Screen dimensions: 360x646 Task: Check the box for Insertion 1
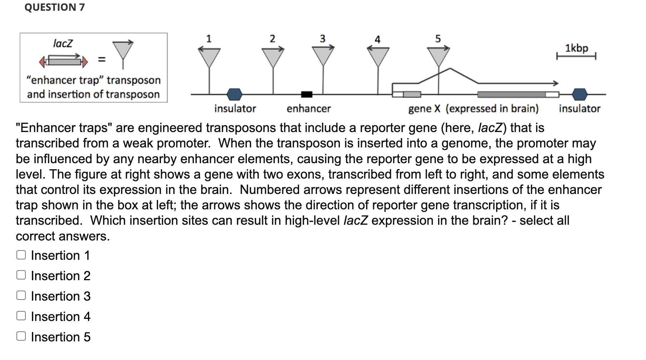21,255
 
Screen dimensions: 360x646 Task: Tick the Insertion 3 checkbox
21,296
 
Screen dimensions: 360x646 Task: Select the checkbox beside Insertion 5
21,336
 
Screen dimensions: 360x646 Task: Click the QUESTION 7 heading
54,7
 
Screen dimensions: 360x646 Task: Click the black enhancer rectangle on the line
307,94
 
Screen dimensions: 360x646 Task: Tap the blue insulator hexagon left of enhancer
235,94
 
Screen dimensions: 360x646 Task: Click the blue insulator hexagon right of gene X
579,94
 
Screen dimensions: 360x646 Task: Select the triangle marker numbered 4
378,56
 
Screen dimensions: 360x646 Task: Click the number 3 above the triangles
323,38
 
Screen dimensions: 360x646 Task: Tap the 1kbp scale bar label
576,48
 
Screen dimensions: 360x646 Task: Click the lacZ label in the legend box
63,43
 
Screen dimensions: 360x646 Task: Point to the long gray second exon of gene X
512,94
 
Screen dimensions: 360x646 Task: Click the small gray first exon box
412,94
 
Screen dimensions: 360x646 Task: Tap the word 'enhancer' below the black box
309,108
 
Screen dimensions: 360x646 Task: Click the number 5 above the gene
438,39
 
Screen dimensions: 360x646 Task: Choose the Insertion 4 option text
60,316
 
